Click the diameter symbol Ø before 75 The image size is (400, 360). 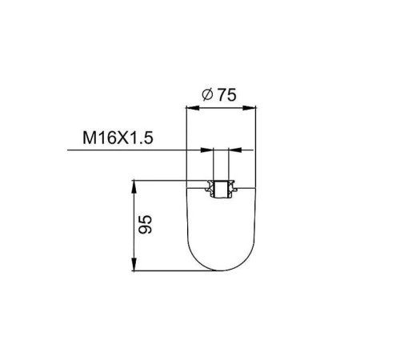click(x=207, y=95)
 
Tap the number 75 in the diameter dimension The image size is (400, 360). click(x=227, y=95)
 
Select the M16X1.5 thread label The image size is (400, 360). click(x=118, y=138)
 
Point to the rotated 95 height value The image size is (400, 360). click(x=146, y=224)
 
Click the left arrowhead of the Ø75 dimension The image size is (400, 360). click(x=193, y=108)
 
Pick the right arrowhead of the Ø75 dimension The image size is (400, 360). click(x=249, y=108)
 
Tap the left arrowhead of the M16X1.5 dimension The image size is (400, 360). click(x=207, y=150)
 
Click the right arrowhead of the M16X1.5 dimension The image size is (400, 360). click(x=235, y=150)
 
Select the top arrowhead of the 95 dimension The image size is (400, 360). click(x=134, y=187)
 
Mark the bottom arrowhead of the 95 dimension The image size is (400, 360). click(x=134, y=265)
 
